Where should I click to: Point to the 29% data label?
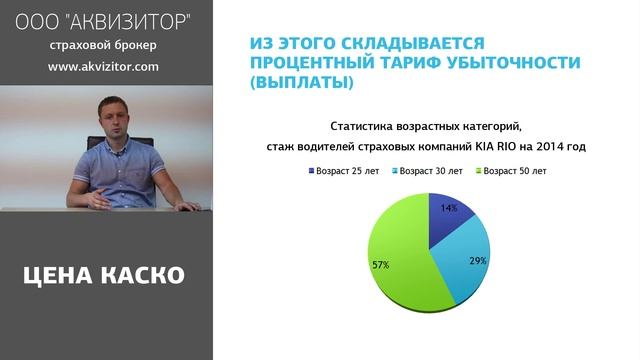point(477,260)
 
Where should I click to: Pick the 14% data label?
point(449,208)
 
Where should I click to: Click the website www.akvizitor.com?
point(103,67)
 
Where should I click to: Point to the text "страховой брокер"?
point(103,45)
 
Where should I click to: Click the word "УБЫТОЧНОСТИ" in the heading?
point(521,63)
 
